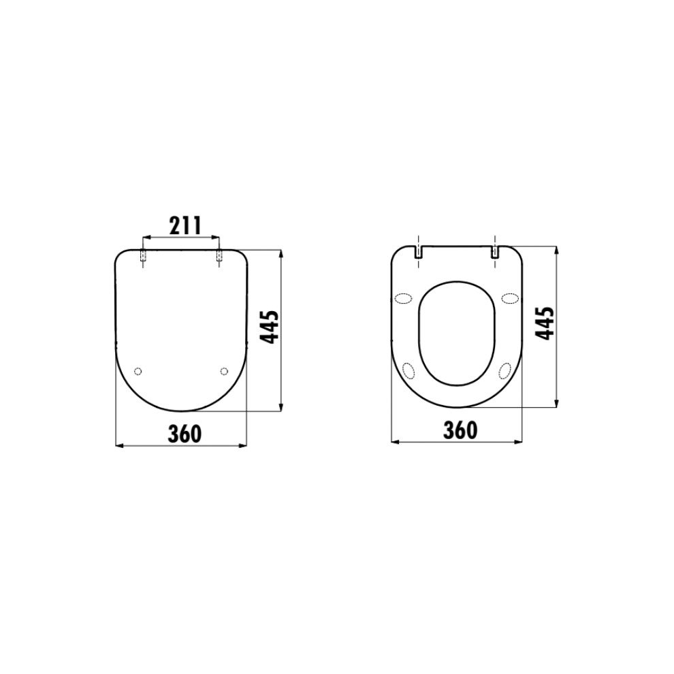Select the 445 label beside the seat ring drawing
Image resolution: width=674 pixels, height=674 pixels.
545,323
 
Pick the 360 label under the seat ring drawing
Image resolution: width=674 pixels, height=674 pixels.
460,430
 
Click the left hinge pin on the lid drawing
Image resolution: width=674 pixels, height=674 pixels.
143,255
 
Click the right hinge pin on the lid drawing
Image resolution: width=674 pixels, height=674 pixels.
219,255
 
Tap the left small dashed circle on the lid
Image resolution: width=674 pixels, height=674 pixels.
138,371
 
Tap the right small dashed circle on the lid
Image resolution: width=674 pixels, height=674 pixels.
223,371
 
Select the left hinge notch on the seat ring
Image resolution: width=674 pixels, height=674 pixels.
418,253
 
